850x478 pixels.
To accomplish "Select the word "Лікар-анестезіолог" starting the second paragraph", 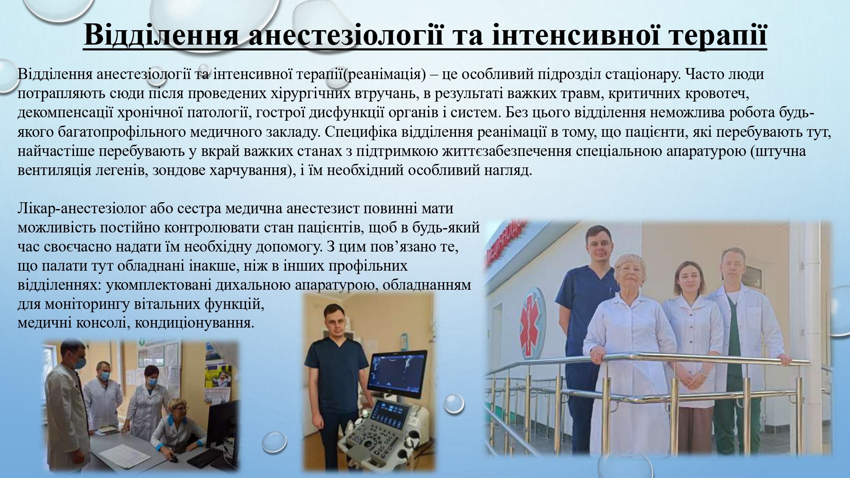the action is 83,209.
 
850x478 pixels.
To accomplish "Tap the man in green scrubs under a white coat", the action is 739,340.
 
